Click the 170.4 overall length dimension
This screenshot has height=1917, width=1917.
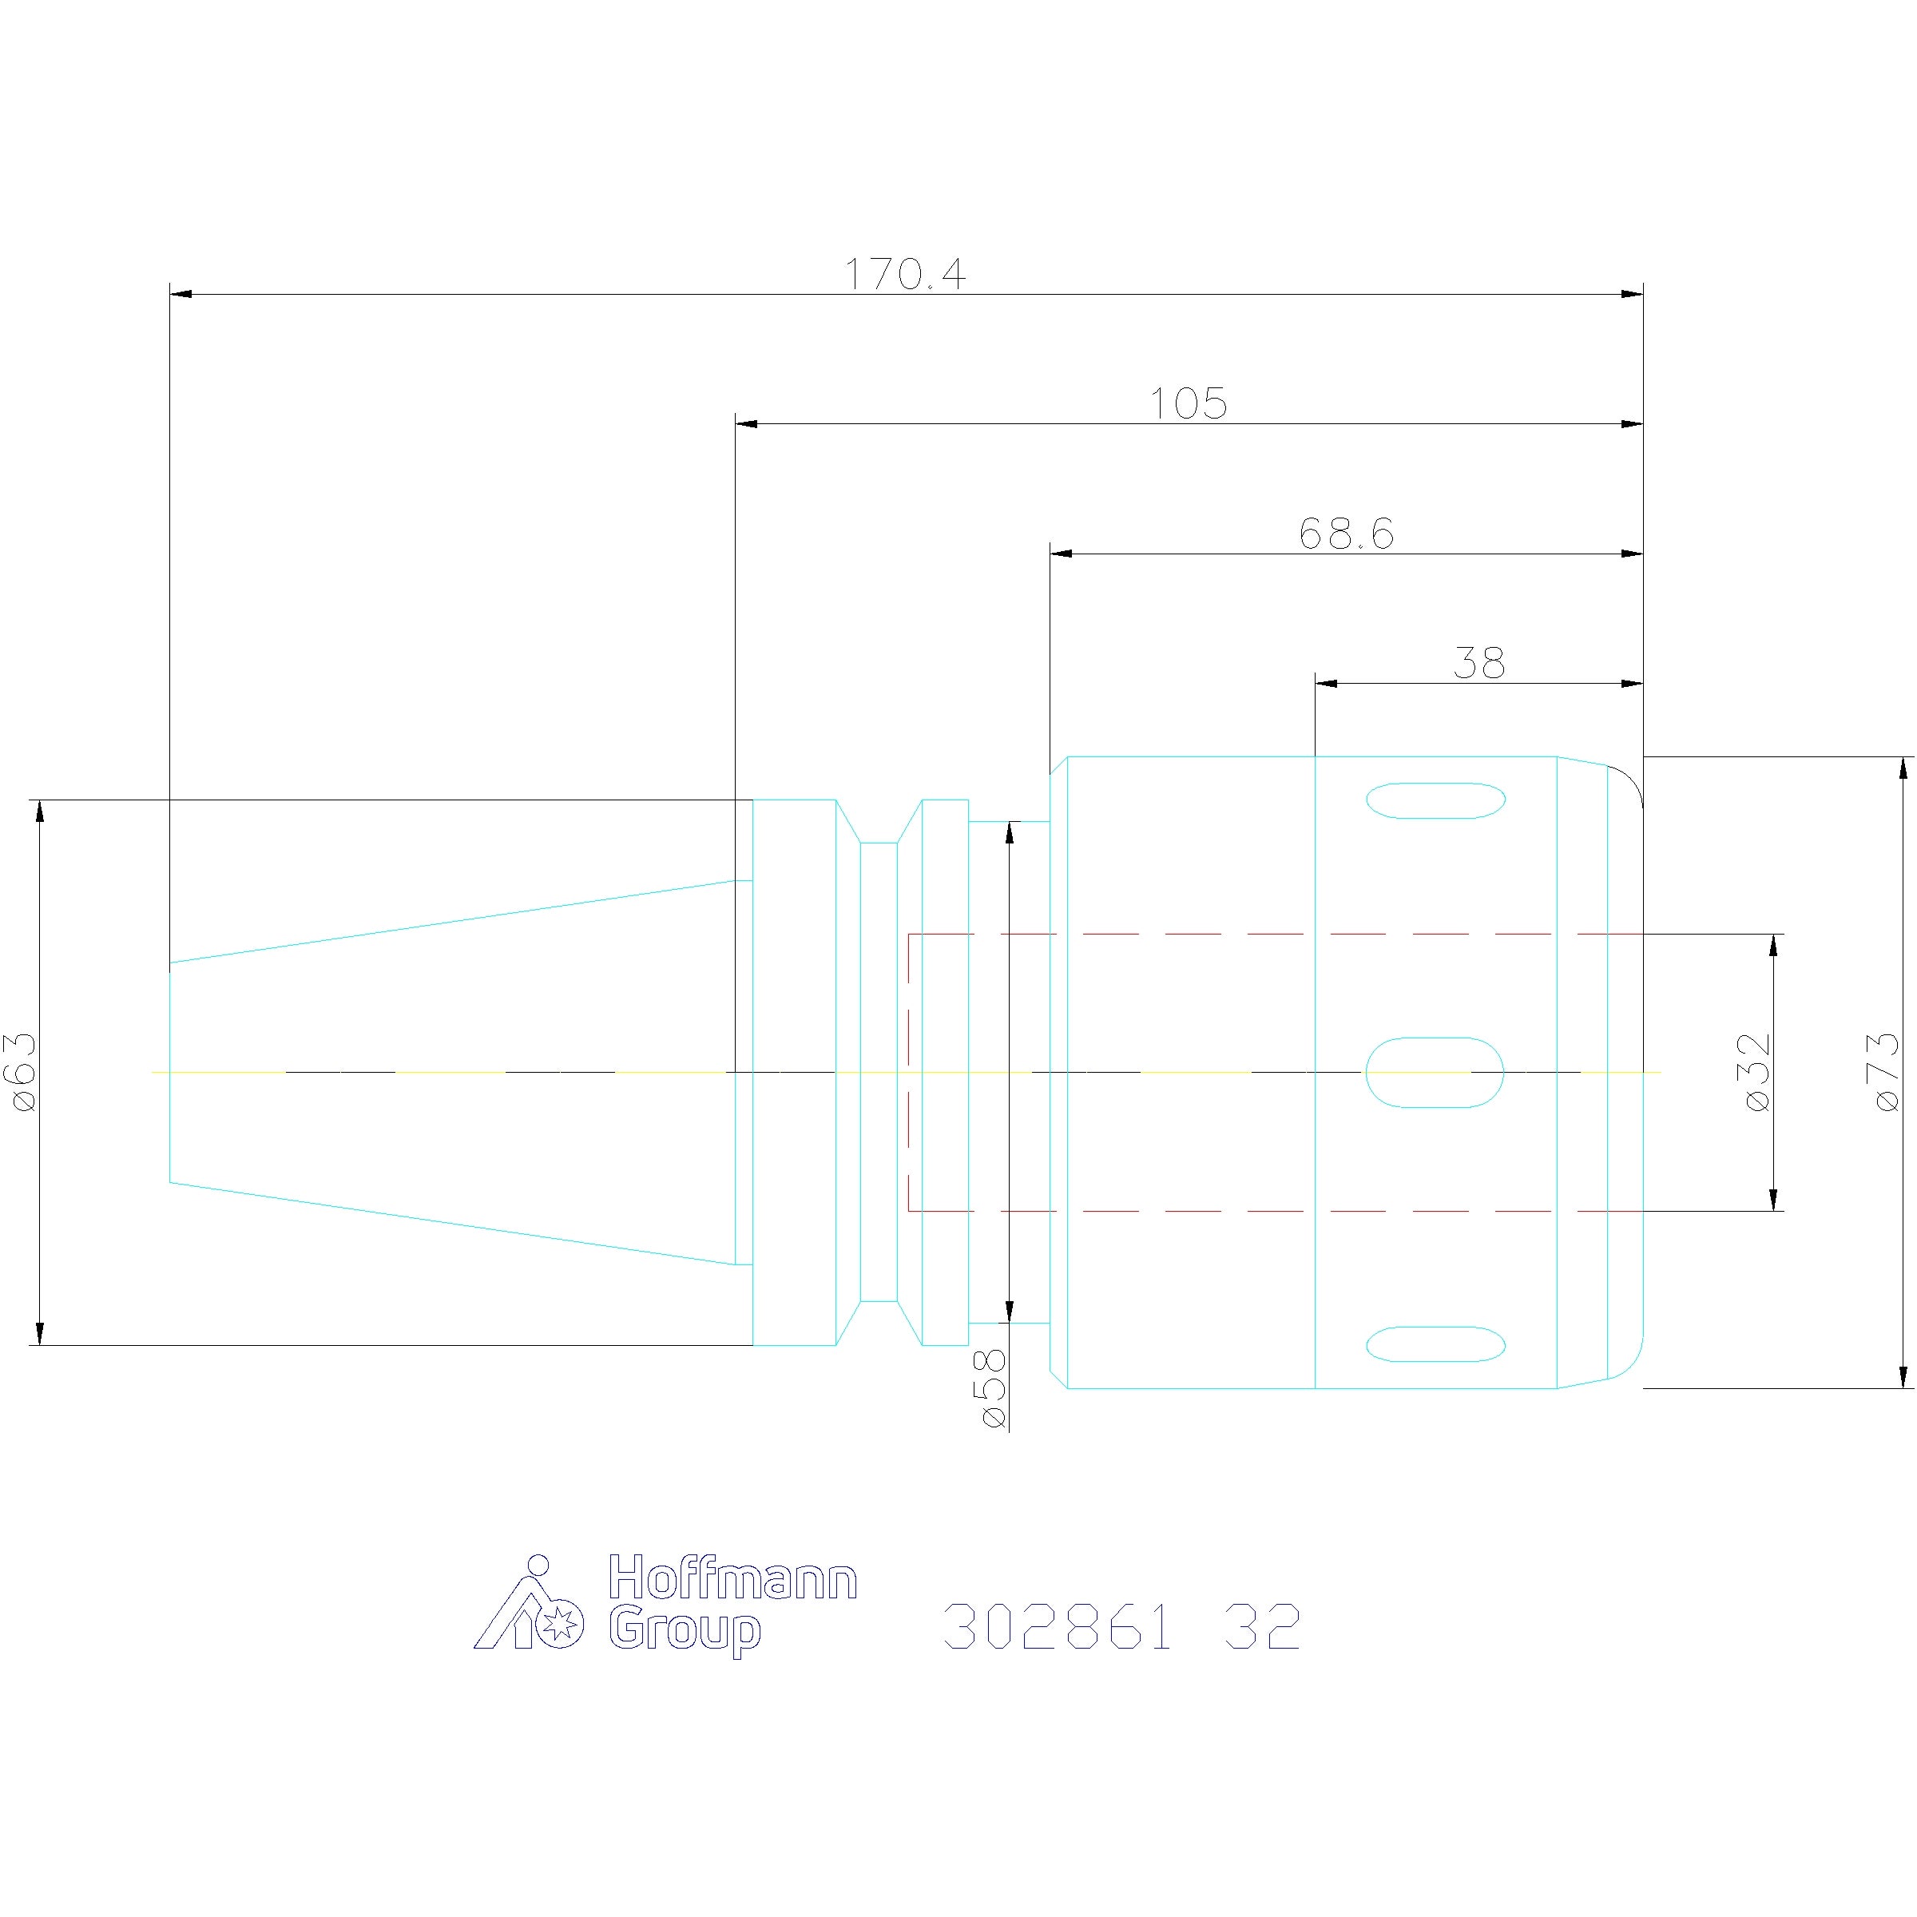point(904,273)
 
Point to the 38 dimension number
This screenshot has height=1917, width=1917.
point(1478,663)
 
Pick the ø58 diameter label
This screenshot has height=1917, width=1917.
point(992,1388)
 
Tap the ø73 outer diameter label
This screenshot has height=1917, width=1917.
point(1885,1072)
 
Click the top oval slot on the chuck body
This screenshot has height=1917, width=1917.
point(1436,800)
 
